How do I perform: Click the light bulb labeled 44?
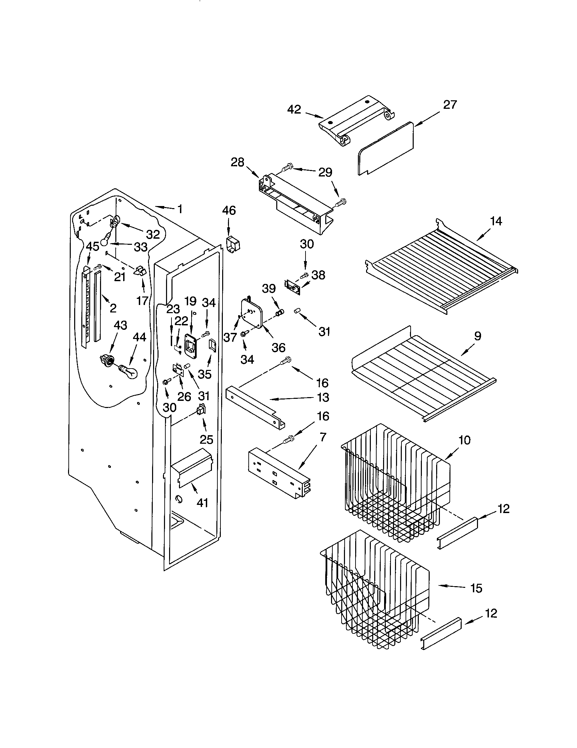tap(129, 371)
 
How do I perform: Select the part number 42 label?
tap(294, 109)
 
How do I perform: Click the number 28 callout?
tap(237, 162)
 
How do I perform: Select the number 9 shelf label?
tap(477, 336)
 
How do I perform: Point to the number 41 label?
tap(202, 503)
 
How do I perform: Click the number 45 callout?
tap(92, 246)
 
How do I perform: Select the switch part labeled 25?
tap(201, 410)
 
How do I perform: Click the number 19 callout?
tap(190, 301)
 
